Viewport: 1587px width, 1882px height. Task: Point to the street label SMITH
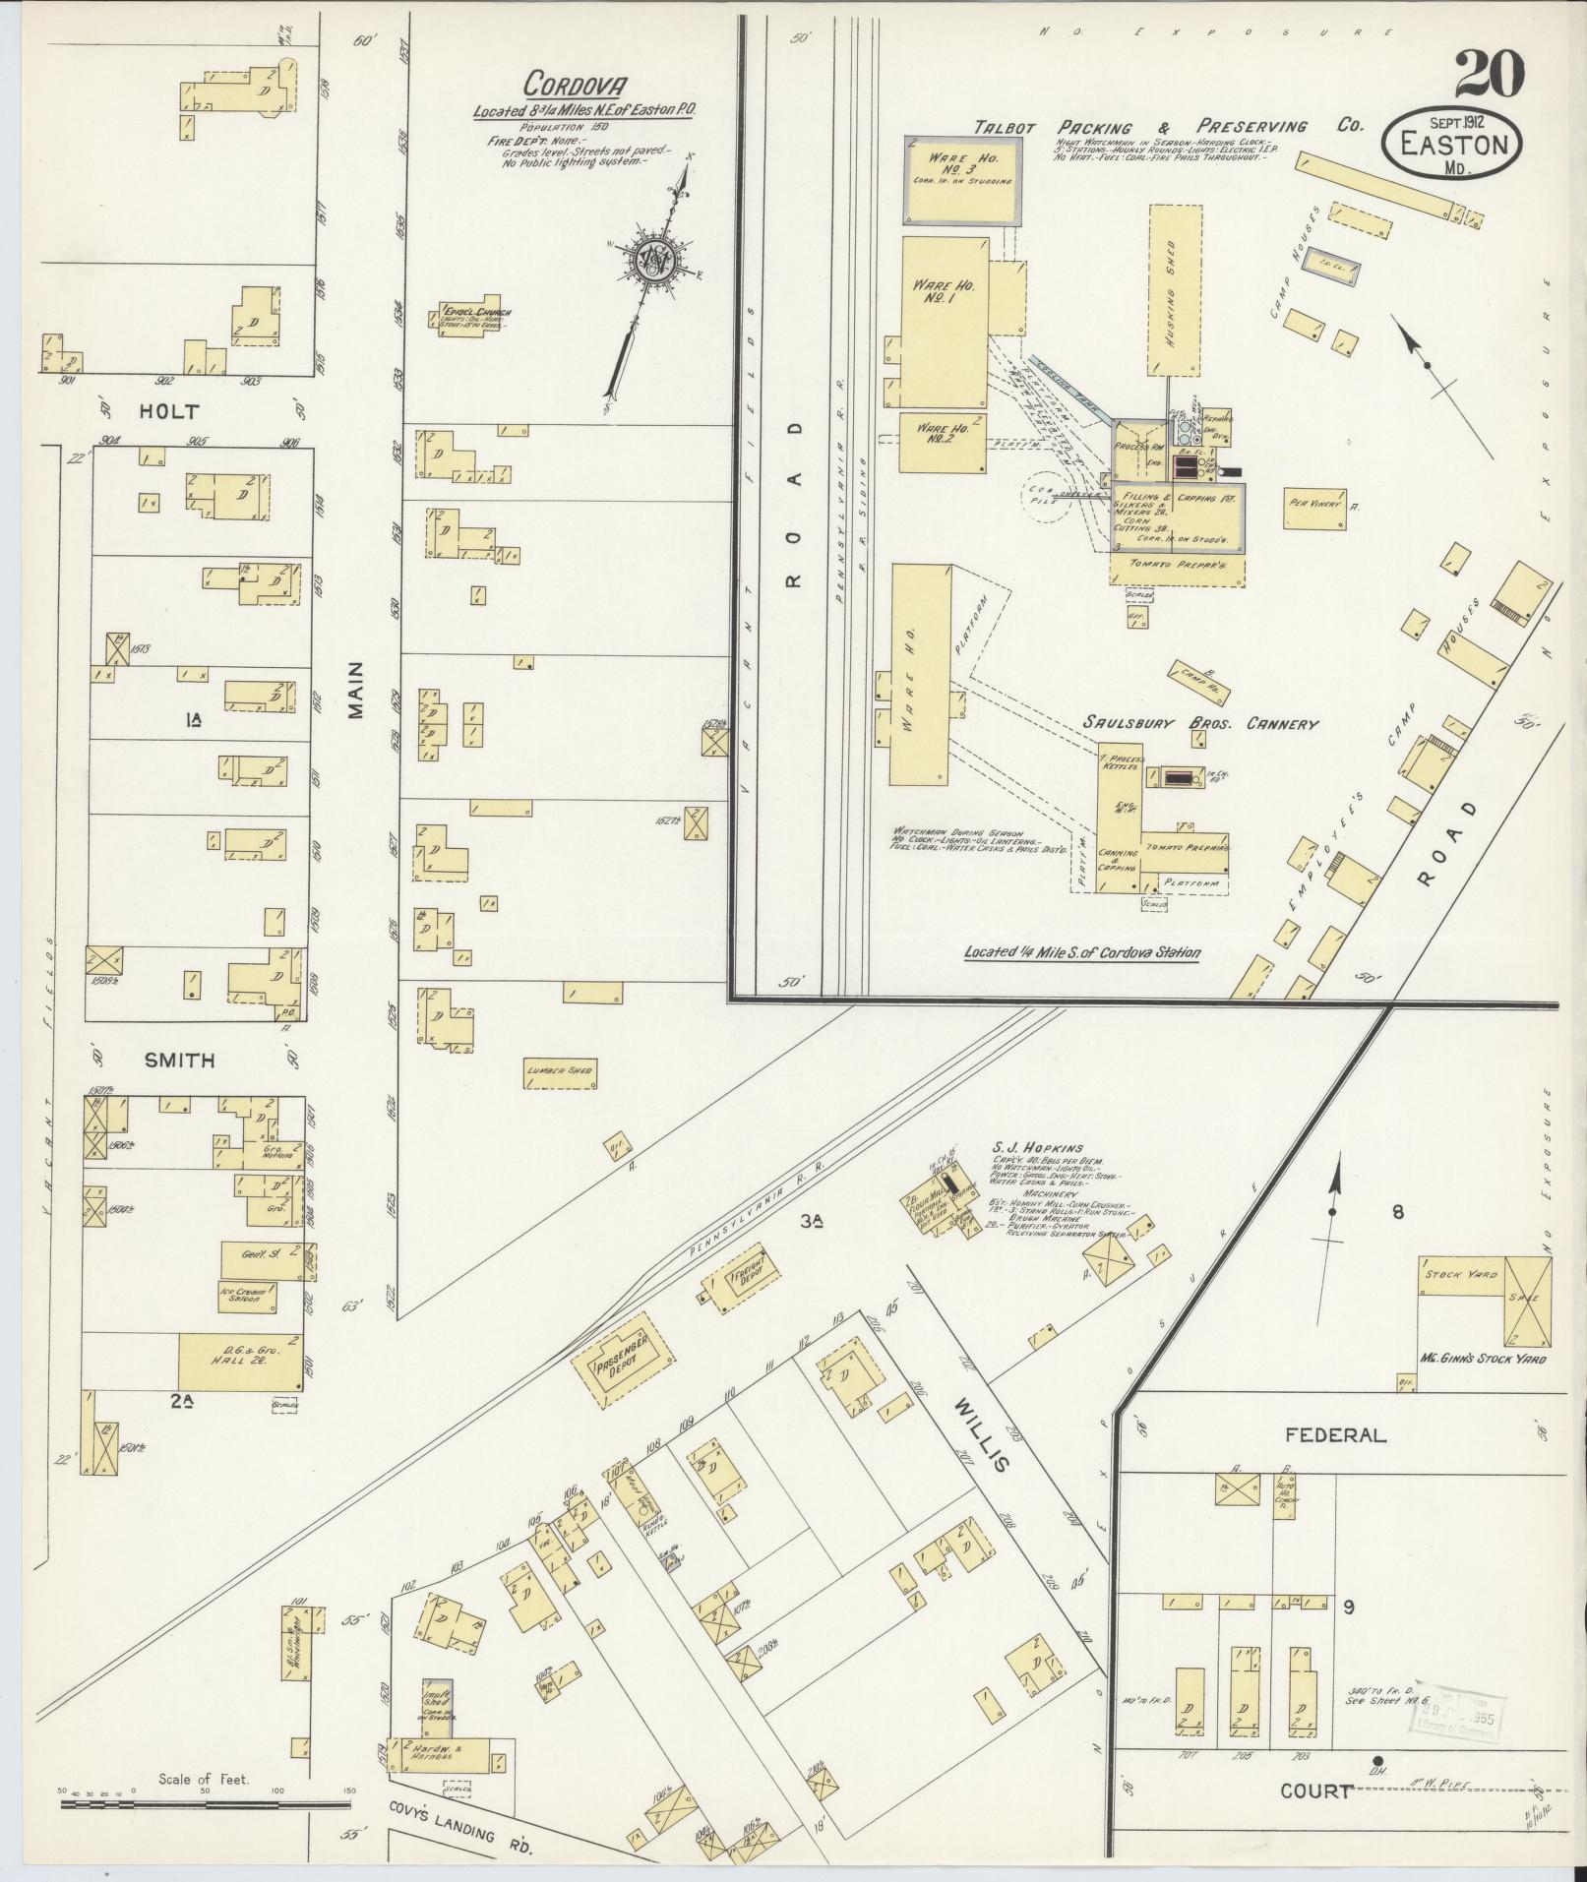click(x=180, y=1060)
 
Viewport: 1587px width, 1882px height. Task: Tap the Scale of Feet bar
click(x=203, y=1804)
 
